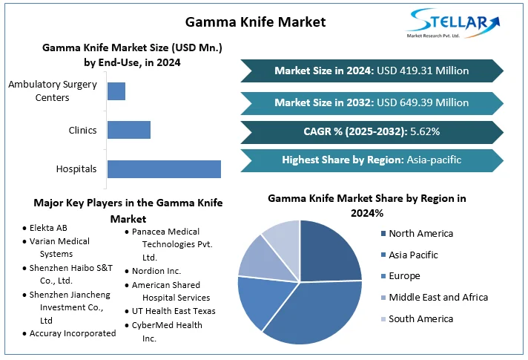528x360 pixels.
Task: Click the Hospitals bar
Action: tap(164, 168)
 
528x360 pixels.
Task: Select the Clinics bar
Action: tap(129, 130)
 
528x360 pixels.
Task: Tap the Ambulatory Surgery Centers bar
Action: tap(116, 91)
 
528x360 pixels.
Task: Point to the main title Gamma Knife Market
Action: tap(254, 22)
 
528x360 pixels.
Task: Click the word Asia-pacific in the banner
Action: tap(434, 160)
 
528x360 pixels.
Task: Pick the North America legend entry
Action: tap(420, 233)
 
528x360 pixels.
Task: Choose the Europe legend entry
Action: tap(404, 276)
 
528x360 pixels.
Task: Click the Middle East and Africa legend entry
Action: tap(438, 297)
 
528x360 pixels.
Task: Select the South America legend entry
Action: tap(420, 318)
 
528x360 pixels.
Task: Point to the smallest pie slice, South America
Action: tap(283, 235)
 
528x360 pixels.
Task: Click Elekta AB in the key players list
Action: tap(48, 228)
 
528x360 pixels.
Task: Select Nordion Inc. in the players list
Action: tap(156, 271)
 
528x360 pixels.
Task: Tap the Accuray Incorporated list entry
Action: tap(73, 333)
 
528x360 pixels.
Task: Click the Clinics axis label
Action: tap(82, 130)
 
